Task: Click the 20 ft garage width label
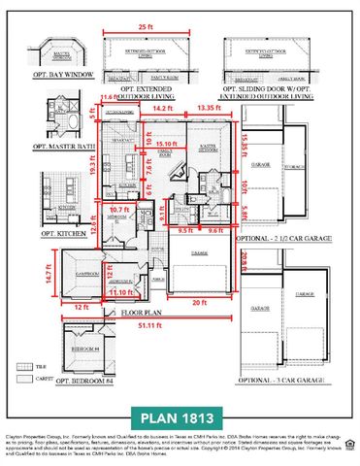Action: click(198, 302)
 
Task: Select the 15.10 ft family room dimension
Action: click(166, 143)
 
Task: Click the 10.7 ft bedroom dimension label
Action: click(119, 209)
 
